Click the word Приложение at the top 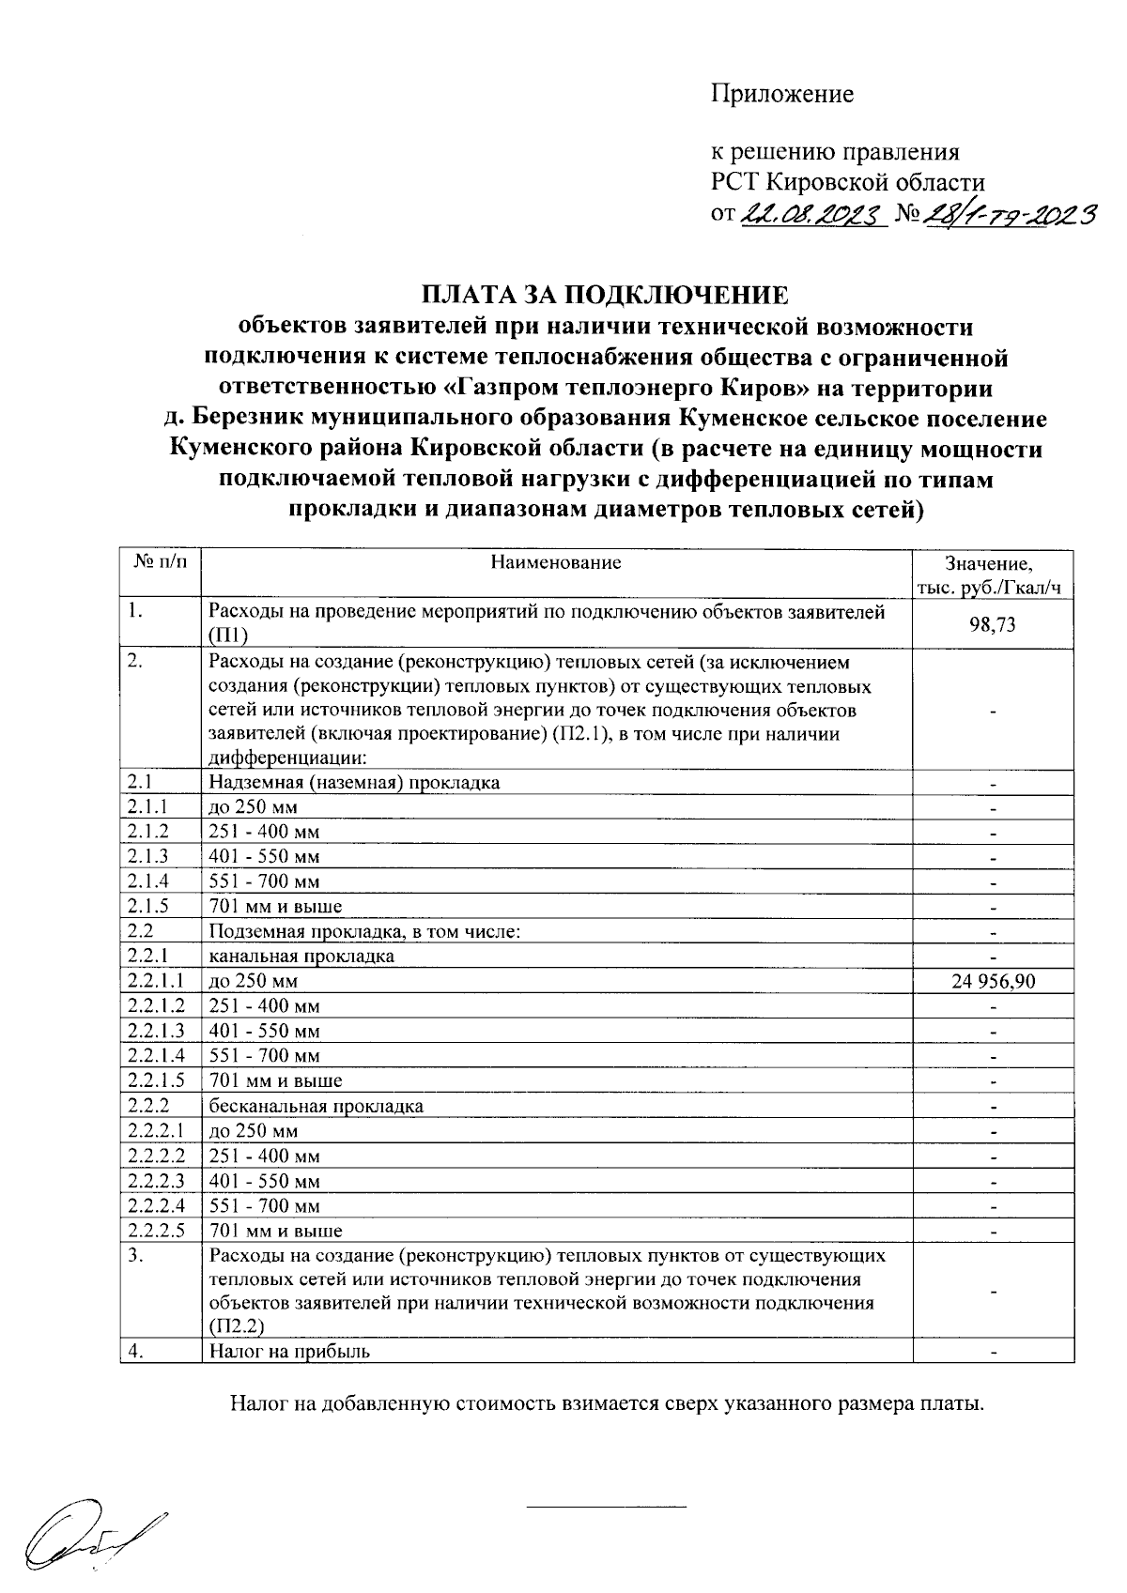[x=781, y=94]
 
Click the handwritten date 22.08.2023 [x=813, y=217]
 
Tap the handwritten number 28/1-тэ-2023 [x=1010, y=217]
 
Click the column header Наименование [x=556, y=563]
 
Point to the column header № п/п [x=160, y=563]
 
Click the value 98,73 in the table [x=993, y=624]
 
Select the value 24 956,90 [x=993, y=981]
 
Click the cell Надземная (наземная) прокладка [x=355, y=782]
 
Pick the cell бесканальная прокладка [x=316, y=1106]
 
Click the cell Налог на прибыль [x=290, y=1352]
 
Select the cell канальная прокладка [x=301, y=957]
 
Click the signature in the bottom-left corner [x=94, y=1530]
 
